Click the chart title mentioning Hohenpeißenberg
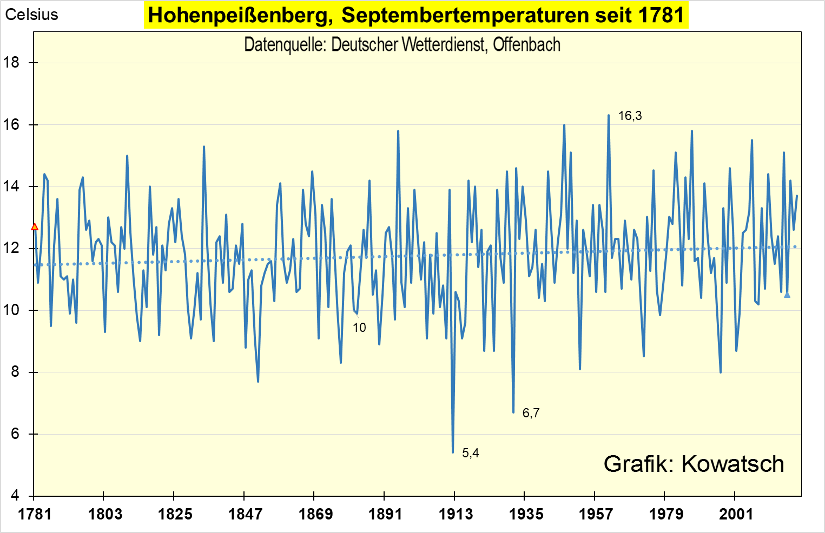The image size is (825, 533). (416, 15)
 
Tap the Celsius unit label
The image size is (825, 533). (31, 15)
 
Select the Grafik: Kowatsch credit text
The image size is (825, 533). (694, 464)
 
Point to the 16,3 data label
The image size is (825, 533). (630, 116)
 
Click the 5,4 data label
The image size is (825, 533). (470, 453)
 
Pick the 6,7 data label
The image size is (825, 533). (531, 413)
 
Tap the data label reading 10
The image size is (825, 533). (359, 328)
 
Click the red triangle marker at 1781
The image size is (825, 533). (35, 227)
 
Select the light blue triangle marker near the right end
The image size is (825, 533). (787, 295)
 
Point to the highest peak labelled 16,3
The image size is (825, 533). (609, 115)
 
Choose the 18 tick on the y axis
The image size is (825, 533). (11, 63)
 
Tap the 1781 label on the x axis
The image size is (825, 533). (35, 514)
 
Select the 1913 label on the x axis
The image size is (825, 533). (455, 514)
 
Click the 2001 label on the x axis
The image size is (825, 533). (735, 514)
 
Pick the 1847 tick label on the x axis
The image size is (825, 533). (245, 514)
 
